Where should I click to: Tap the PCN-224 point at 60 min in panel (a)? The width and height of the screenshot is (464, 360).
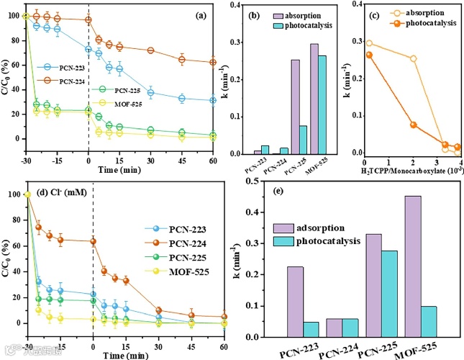pos(214,62)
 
